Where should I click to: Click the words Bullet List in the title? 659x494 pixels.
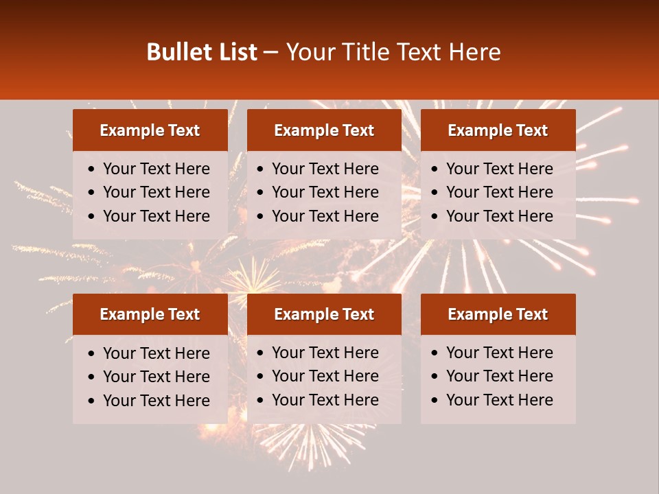click(x=202, y=52)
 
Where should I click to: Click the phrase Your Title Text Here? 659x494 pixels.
click(x=393, y=52)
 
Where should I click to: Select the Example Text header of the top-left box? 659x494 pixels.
click(x=150, y=130)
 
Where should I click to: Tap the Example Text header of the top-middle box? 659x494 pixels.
click(x=324, y=130)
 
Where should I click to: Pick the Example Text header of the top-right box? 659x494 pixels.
click(x=498, y=130)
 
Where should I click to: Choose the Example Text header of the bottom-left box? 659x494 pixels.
click(x=150, y=314)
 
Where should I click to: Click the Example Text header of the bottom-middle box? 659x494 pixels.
click(x=324, y=314)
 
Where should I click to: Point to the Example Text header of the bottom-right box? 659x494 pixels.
click(x=498, y=314)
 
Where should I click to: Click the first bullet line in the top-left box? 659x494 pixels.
click(x=156, y=169)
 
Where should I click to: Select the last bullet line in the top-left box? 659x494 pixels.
click(x=156, y=216)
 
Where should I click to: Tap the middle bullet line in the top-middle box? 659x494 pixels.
click(x=325, y=192)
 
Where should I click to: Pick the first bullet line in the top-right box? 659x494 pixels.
click(x=499, y=169)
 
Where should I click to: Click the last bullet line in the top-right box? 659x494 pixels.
click(x=499, y=216)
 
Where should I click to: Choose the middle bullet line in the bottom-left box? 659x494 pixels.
click(x=156, y=377)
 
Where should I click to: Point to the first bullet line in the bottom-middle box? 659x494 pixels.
click(x=325, y=353)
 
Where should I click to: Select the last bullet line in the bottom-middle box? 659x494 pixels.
click(x=325, y=400)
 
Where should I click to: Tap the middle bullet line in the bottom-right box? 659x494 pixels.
click(x=499, y=376)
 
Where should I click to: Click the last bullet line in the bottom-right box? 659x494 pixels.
click(x=499, y=400)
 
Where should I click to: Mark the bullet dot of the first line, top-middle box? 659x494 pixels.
click(x=261, y=169)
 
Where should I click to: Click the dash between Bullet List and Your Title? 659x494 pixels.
click(x=270, y=53)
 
